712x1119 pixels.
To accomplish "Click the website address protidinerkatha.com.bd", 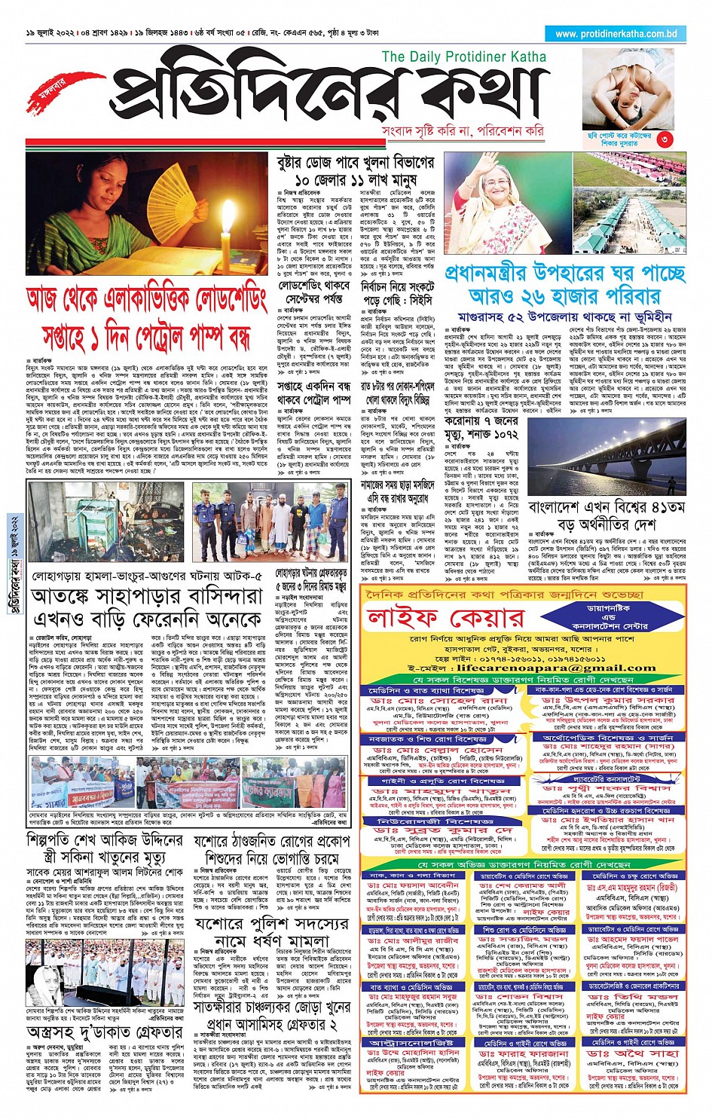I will point(616,34).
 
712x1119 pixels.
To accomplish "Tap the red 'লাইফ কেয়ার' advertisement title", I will point(445,619).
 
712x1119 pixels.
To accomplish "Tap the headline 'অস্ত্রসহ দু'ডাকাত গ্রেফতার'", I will point(105,1032).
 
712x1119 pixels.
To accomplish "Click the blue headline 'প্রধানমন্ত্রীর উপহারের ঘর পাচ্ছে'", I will point(565,272).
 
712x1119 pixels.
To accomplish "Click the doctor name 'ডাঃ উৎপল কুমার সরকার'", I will point(607,700).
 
